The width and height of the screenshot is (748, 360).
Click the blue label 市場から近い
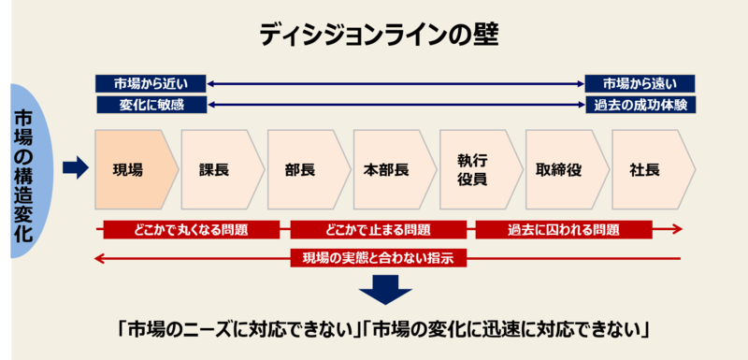point(151,82)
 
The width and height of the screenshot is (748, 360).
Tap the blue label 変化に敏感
point(151,105)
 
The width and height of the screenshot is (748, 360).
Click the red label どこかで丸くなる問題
point(191,229)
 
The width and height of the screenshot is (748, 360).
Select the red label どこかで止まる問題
point(378,229)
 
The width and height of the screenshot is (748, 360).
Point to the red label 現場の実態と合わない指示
point(378,259)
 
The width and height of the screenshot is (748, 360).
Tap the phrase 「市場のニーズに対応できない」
point(238,330)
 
